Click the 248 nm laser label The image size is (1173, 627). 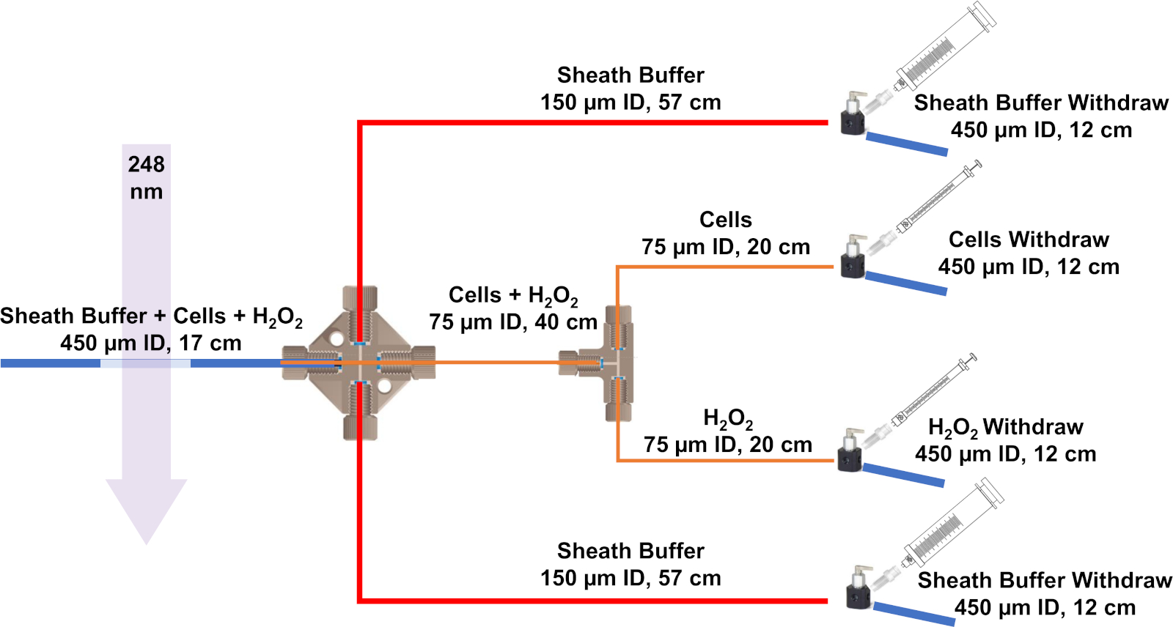pos(146,177)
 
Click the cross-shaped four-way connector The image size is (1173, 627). pos(359,363)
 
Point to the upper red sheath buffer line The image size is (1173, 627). pos(586,122)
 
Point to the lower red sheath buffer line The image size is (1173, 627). pos(586,601)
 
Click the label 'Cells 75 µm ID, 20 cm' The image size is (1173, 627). pos(725,233)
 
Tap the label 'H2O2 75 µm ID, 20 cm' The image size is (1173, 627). pos(727,431)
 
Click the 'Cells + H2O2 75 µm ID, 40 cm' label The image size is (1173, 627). pos(513,308)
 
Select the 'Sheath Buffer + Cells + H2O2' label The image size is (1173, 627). pos(151,316)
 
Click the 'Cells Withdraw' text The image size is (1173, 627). pos(1029,240)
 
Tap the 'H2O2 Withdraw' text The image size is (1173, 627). pos(1005,426)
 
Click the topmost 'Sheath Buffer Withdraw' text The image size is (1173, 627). pos(1041,103)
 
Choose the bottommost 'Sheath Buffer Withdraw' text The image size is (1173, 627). pos(1045,580)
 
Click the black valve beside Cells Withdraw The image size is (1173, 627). pos(853,260)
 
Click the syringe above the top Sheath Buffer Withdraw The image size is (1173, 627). pos(946,48)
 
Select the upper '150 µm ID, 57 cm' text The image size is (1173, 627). pos(630,102)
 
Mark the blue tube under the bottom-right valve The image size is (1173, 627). pos(913,614)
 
